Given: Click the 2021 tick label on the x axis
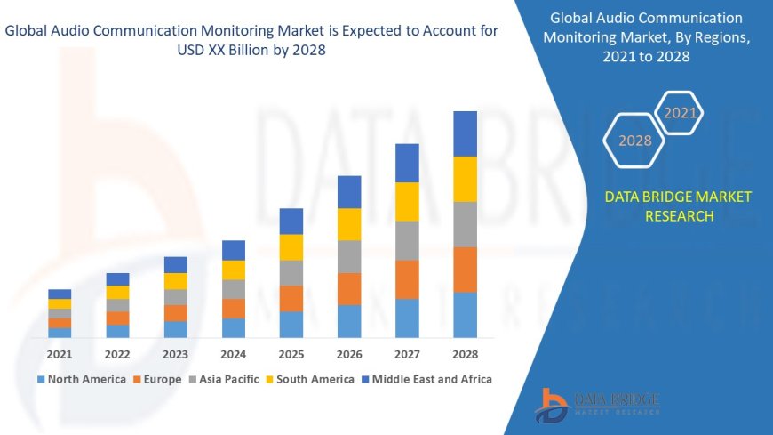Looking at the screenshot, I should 60,353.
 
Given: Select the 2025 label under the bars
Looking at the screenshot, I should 291,353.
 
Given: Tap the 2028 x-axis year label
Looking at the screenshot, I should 465,353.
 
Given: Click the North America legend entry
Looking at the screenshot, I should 81,379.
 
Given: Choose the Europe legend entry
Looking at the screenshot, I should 161,379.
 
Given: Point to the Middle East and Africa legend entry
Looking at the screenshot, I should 426,379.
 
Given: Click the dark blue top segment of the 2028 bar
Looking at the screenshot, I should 465,133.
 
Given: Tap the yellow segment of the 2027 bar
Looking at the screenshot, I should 407,201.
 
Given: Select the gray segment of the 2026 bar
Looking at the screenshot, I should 349,256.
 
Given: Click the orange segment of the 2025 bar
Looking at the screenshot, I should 291,298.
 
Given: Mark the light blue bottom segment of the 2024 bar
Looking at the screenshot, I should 234,327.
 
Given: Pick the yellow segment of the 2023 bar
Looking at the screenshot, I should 176,281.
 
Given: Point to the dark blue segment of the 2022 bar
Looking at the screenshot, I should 117,279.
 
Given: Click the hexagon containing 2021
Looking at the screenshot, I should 681,113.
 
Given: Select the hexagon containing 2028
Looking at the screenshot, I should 635,141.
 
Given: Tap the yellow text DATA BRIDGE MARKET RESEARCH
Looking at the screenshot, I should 678,206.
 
